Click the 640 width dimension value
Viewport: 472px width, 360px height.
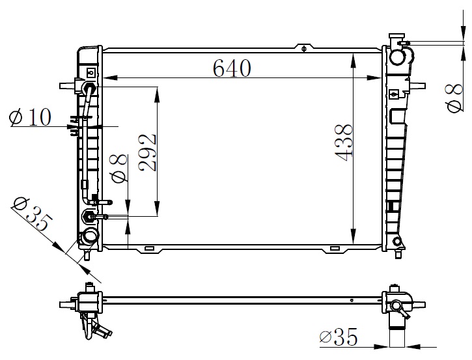[x=232, y=68]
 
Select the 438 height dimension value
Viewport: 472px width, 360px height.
[x=344, y=143]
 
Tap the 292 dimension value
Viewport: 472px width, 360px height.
[x=148, y=152]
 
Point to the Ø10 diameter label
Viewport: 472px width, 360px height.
[x=30, y=117]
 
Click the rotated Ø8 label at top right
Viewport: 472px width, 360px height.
[x=454, y=98]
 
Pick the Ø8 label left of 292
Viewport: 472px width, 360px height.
[x=120, y=169]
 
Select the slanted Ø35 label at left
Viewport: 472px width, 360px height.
[x=33, y=214]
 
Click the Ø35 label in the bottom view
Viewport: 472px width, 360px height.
[x=339, y=337]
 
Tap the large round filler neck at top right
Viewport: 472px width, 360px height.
[x=397, y=57]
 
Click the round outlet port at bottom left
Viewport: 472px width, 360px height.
[x=89, y=236]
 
